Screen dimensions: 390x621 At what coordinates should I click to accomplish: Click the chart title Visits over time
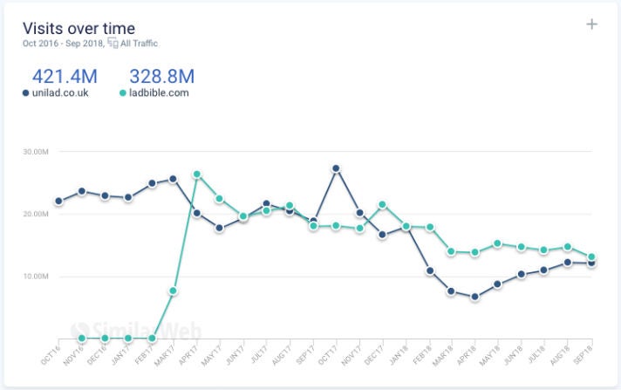[x=78, y=29]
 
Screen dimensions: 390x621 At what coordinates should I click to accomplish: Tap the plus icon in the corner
[x=591, y=24]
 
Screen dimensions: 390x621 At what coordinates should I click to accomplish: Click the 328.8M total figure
[x=160, y=76]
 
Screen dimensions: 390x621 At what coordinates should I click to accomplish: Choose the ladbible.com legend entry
[x=154, y=93]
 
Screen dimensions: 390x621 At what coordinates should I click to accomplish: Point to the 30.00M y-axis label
[x=35, y=152]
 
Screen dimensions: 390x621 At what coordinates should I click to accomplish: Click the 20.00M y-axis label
[x=35, y=214]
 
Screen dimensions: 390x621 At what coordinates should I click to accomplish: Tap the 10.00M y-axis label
[x=35, y=277]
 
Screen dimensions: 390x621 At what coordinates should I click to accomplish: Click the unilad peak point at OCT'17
[x=336, y=168]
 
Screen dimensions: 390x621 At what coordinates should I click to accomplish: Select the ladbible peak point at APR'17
[x=197, y=174]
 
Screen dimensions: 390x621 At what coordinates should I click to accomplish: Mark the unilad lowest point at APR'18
[x=474, y=297]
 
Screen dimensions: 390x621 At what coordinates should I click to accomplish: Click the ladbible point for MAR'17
[x=174, y=291]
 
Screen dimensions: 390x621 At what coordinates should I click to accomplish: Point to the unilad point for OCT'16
[x=58, y=201]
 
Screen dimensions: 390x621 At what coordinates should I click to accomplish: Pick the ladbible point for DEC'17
[x=382, y=205]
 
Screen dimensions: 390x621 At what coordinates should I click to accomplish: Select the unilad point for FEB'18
[x=428, y=271]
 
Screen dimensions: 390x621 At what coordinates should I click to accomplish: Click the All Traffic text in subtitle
[x=140, y=44]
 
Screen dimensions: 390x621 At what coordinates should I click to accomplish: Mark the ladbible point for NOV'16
[x=82, y=338]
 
